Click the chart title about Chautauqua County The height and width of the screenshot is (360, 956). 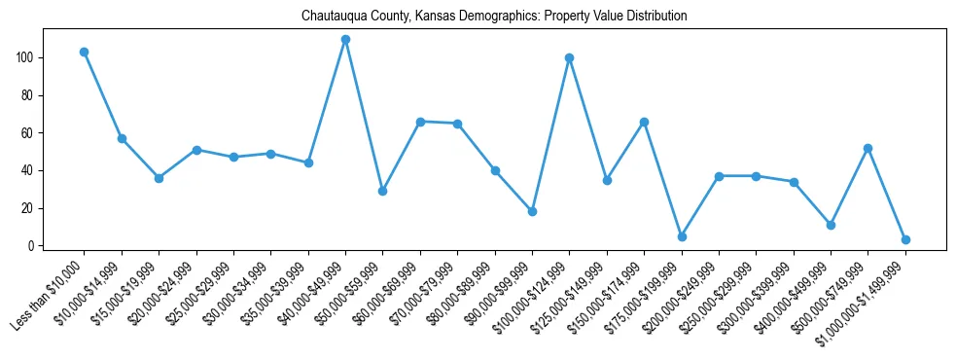(494, 17)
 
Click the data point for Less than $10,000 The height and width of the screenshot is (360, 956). (85, 52)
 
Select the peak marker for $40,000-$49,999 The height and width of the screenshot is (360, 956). (345, 40)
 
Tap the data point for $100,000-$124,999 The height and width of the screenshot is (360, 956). (569, 57)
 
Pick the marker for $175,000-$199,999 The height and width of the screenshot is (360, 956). (682, 236)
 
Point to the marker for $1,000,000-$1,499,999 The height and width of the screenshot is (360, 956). (905, 239)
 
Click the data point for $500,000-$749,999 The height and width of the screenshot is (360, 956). (867, 148)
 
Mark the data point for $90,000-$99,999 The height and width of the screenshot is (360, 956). (532, 211)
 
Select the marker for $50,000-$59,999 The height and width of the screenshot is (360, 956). (382, 191)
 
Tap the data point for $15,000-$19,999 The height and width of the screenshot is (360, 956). (159, 178)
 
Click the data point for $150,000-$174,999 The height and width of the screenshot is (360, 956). (644, 122)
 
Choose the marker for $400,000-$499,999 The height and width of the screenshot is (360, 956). (831, 225)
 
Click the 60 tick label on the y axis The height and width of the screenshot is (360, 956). (29, 133)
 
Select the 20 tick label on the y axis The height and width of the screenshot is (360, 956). (29, 208)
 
